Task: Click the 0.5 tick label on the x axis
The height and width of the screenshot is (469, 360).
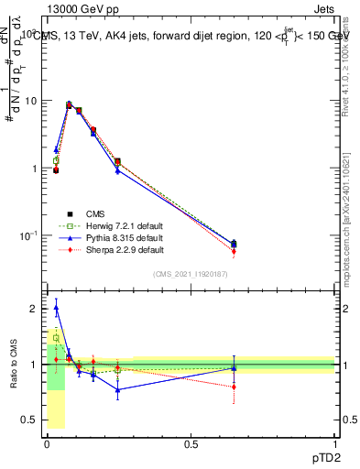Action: (x=191, y=444)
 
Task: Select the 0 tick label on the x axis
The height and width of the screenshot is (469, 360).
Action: (x=48, y=444)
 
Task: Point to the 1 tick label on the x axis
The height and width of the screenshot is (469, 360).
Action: (x=335, y=444)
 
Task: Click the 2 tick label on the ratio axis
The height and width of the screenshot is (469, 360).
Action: (x=34, y=309)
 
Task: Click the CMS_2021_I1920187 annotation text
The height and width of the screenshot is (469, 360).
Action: (x=191, y=274)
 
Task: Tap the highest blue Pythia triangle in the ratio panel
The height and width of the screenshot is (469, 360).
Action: (x=57, y=308)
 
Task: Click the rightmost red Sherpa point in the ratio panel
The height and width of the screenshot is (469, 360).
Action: (x=234, y=387)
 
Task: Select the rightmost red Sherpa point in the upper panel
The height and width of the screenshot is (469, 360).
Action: (x=234, y=251)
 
